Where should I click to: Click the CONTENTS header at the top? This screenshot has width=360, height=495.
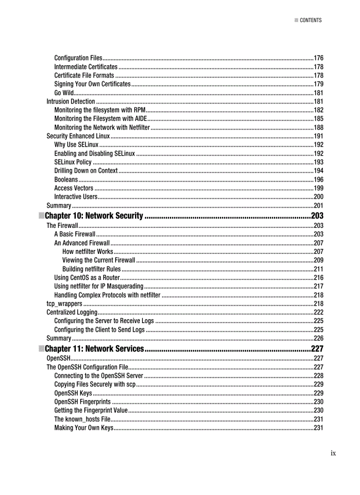tap(311, 20)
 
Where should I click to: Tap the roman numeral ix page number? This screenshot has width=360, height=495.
tap(333, 453)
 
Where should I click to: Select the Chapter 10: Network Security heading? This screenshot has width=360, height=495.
tap(94, 216)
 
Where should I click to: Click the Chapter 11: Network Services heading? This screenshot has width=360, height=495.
tap(94, 349)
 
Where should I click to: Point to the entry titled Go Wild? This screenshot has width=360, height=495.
tap(64, 93)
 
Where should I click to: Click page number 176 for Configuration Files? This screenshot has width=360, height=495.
tap(318, 58)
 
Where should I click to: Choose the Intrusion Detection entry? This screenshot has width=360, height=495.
tap(71, 102)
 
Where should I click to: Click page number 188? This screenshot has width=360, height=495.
tap(318, 127)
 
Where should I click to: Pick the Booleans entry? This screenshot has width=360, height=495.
tap(66, 180)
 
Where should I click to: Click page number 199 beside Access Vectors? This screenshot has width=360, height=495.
tap(318, 189)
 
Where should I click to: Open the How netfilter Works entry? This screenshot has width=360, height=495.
tap(88, 252)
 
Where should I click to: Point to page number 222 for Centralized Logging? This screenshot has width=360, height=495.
tap(318, 313)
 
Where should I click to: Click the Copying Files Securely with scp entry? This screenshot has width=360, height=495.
tap(95, 384)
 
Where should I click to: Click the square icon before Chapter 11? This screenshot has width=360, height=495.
tap(41, 349)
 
